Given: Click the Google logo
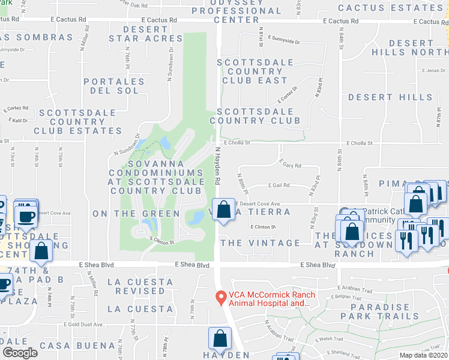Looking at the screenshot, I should [19, 352].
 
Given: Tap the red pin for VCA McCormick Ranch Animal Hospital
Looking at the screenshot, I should [221, 297].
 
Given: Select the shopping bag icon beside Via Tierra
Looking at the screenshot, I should [223, 211].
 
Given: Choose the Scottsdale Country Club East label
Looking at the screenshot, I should [255, 71].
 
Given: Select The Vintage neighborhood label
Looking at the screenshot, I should [260, 243].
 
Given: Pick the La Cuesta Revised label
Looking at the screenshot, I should [136, 286].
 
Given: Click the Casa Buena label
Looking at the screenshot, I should [77, 346].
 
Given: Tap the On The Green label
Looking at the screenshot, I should [136, 214].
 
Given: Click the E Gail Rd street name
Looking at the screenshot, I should [280, 185].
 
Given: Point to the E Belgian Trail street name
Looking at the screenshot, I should [346, 296].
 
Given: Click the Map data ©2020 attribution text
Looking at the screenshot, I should [423, 355].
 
